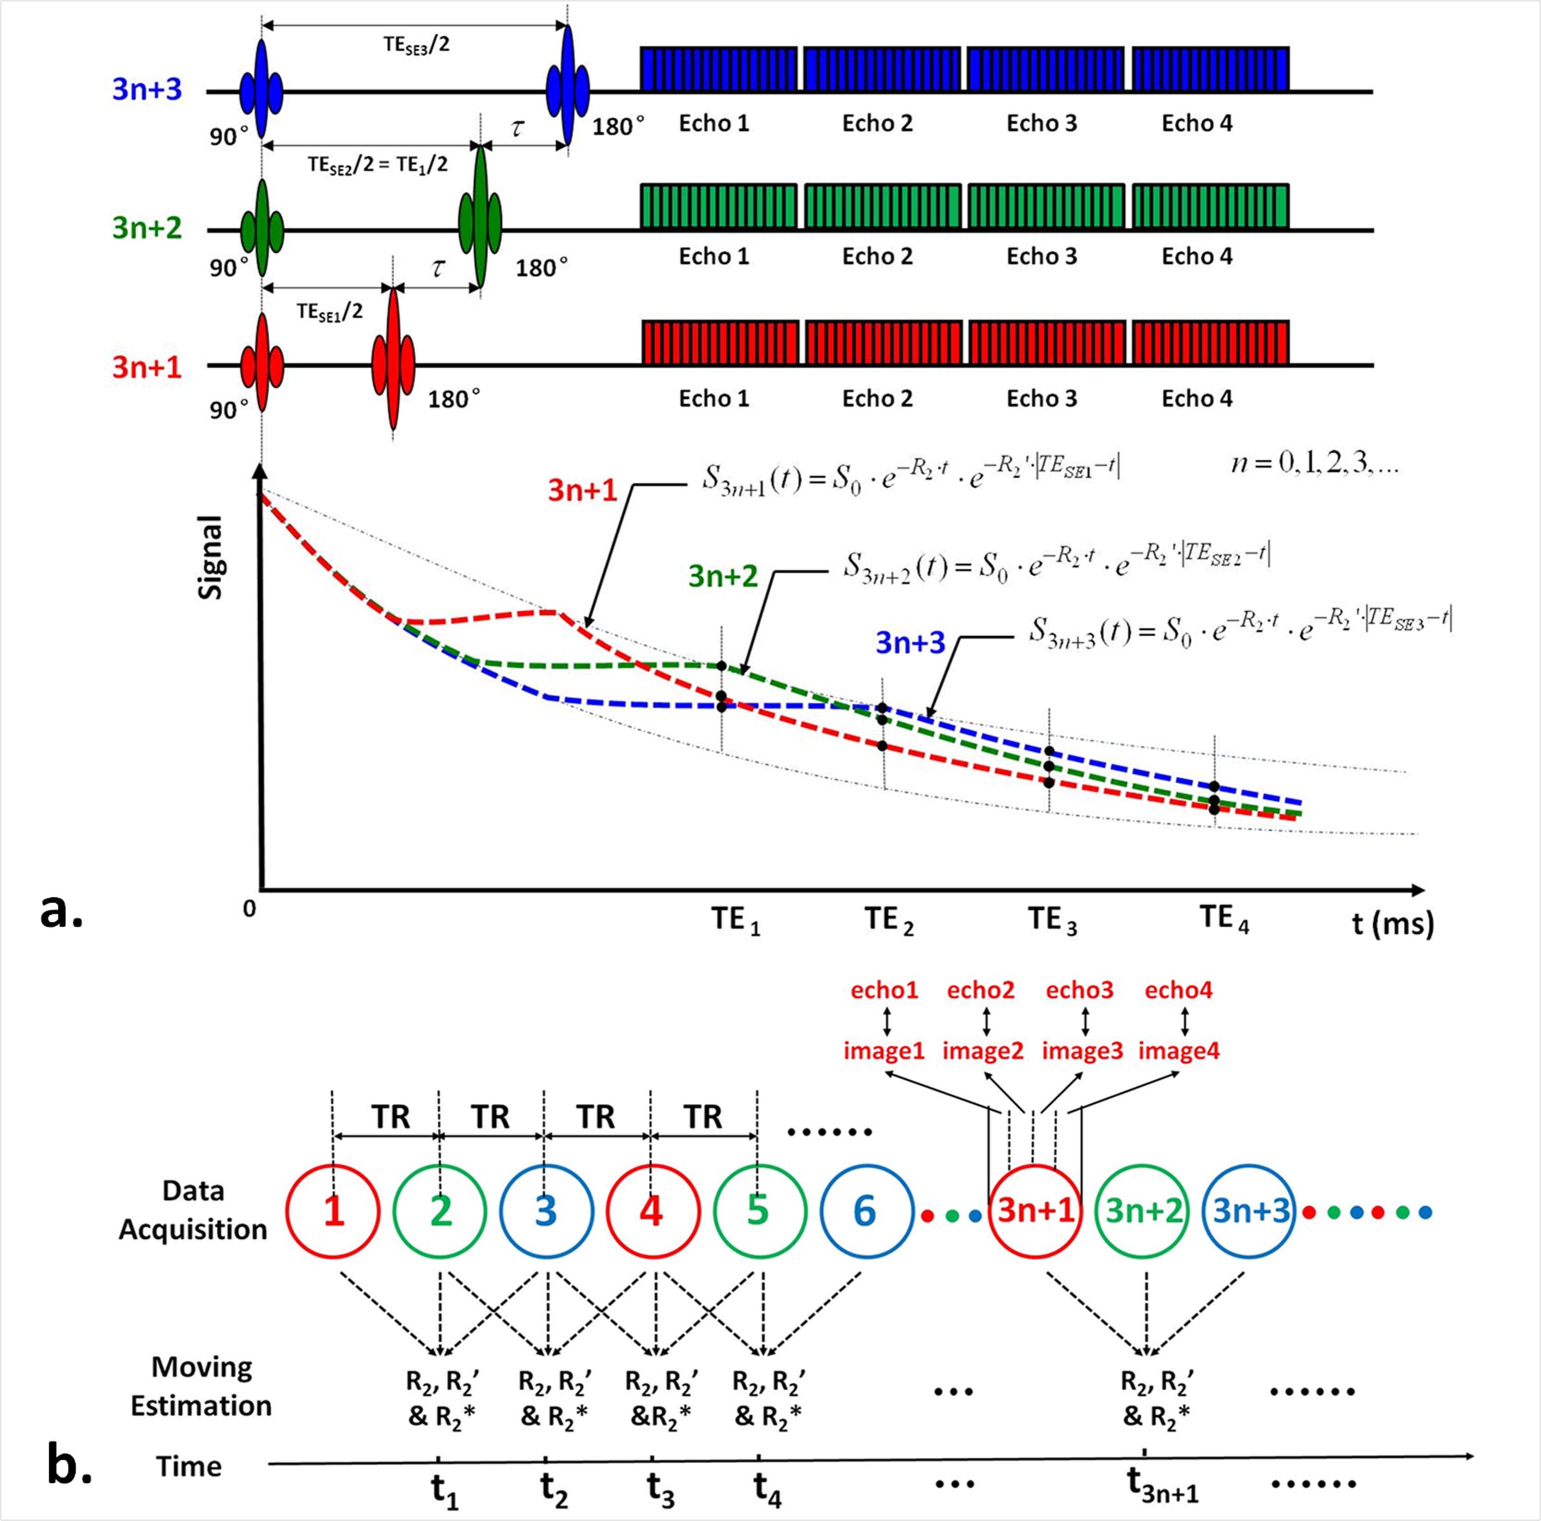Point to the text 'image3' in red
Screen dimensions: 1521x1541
click(1082, 1050)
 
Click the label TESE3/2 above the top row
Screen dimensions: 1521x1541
click(415, 45)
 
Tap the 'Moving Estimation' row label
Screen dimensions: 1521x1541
click(201, 1386)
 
